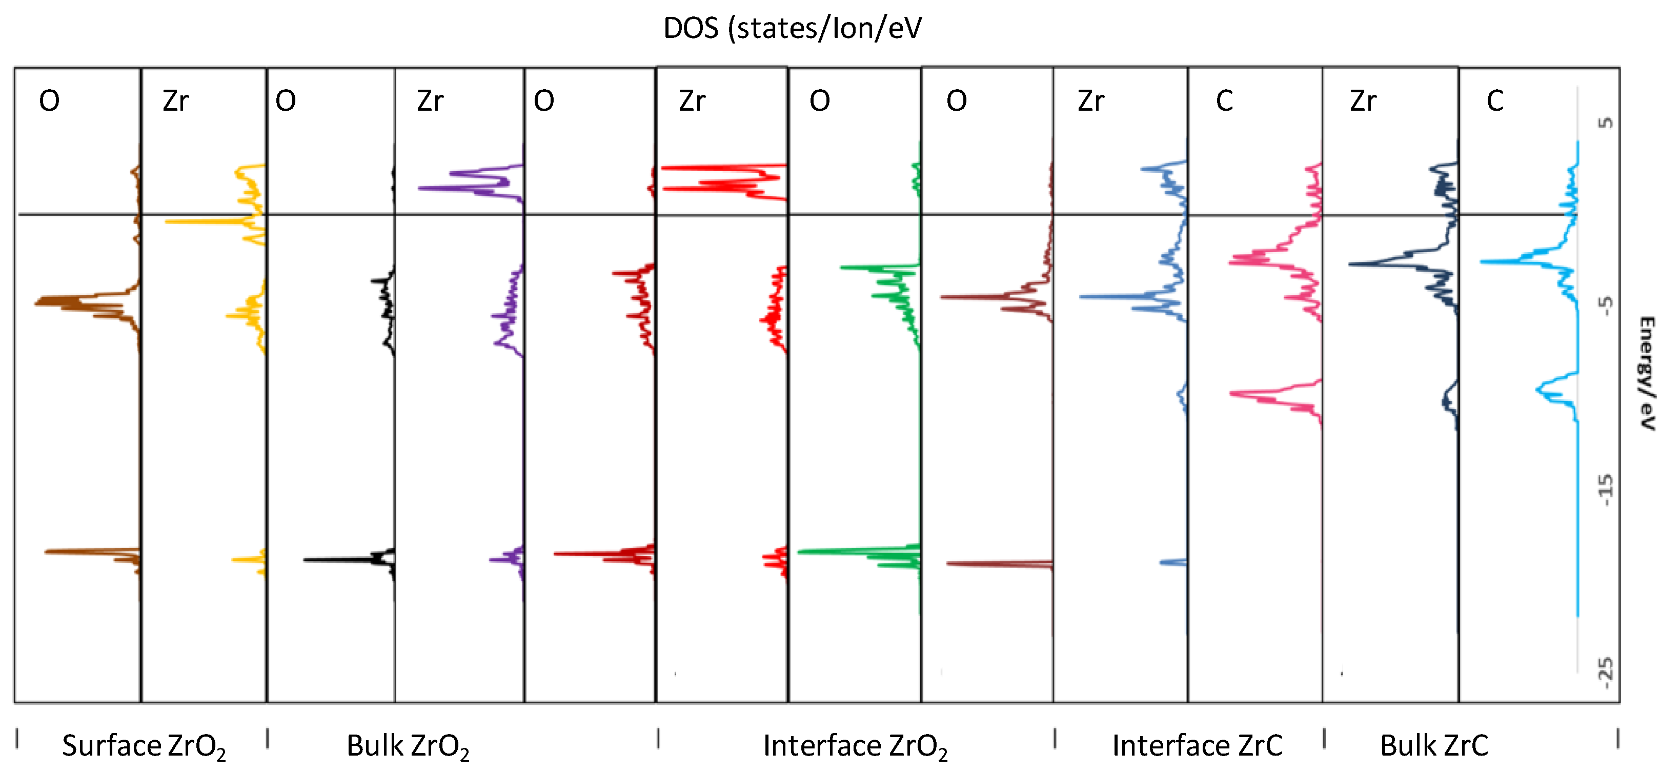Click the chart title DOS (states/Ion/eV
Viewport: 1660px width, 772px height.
[792, 28]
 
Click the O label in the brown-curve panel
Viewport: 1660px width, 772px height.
[50, 101]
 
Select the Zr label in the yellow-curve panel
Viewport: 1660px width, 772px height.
[175, 101]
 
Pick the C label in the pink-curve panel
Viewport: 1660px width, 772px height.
[1224, 101]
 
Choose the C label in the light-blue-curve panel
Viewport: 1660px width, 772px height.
[1495, 101]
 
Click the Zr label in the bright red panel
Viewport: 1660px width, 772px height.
[692, 101]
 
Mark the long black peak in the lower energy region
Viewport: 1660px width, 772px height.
[307, 559]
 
